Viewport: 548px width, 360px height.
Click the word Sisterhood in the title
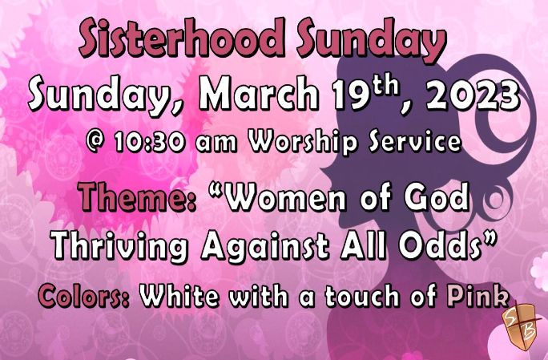coord(182,38)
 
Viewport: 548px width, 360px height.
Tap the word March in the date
coord(259,94)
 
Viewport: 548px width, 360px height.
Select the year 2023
coord(473,95)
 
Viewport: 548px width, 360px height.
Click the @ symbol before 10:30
coord(96,142)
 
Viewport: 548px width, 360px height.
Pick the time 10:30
coord(149,142)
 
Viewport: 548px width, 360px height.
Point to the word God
coord(437,196)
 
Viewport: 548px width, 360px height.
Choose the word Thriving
coord(119,247)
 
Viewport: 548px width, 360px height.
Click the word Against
coord(265,247)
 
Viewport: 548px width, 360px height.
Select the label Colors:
coord(84,296)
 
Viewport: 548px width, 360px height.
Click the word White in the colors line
coord(179,296)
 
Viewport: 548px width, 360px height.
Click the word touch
coord(361,296)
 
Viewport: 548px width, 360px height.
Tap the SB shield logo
coord(522,326)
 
